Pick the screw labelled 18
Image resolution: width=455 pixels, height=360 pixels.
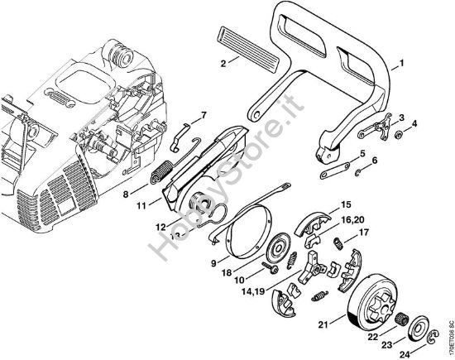point(268,266)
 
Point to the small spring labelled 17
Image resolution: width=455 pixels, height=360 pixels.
point(340,241)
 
